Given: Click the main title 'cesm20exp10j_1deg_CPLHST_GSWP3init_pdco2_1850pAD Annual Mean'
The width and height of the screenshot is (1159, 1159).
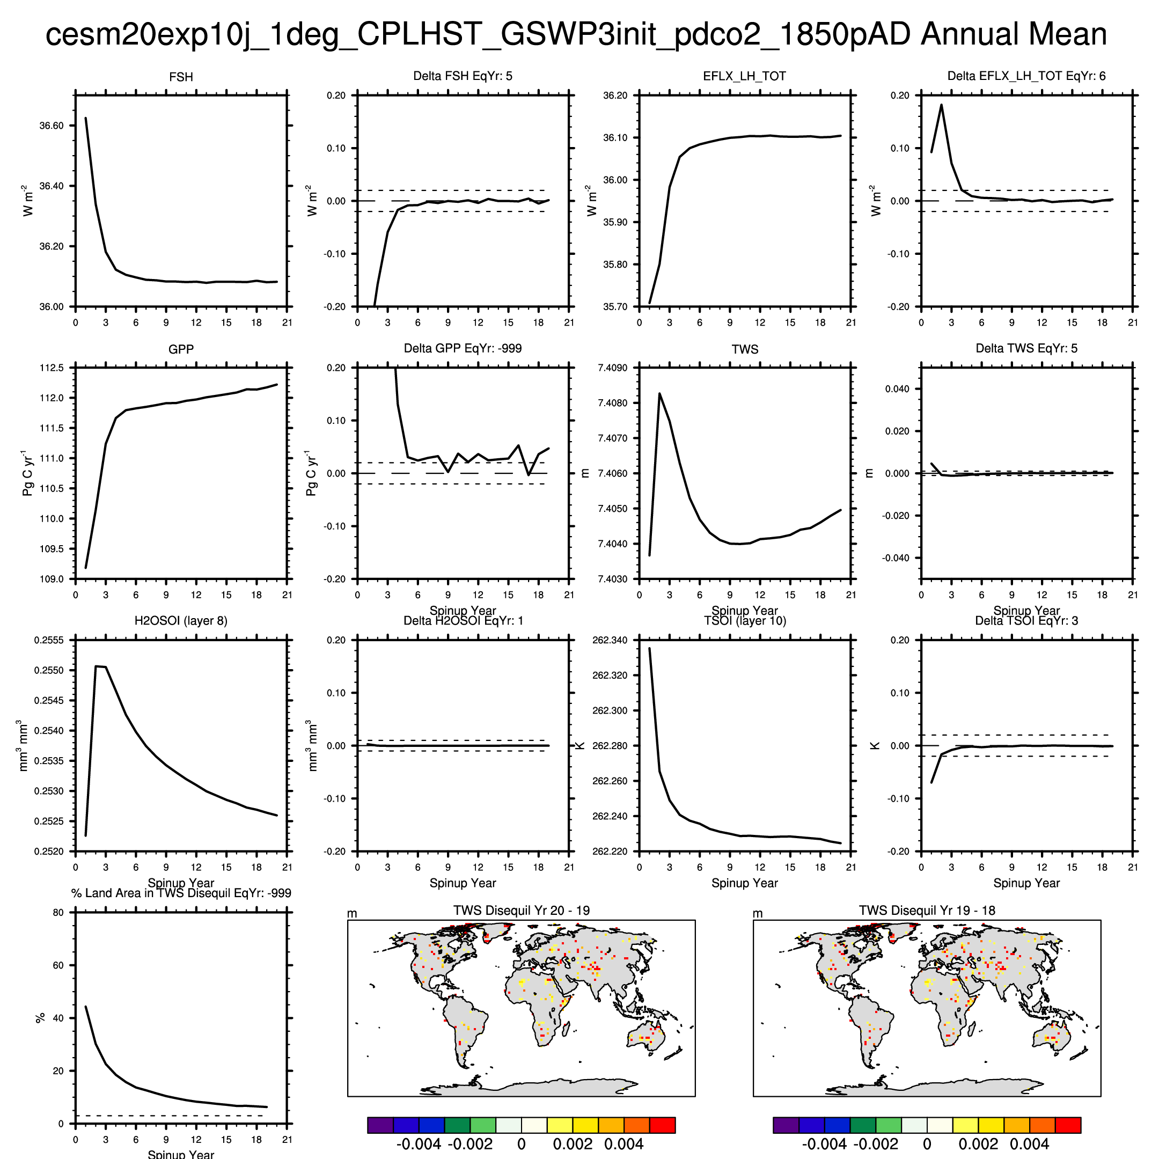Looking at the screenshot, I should (576, 34).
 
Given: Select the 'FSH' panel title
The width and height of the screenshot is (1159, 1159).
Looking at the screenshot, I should (181, 77).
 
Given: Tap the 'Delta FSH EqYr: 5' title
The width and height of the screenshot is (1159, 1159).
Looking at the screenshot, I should (463, 76).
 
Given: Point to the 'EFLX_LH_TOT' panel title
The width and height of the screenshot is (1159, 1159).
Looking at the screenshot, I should (744, 76).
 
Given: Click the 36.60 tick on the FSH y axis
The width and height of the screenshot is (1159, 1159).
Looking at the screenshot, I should (51, 126).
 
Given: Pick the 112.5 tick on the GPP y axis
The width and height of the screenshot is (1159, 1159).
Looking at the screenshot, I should (52, 368).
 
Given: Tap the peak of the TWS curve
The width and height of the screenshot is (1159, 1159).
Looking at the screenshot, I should (660, 393).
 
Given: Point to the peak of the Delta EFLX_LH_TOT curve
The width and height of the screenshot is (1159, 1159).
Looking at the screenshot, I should (941, 105).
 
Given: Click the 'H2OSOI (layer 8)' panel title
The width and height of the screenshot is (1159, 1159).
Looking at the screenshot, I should (181, 620).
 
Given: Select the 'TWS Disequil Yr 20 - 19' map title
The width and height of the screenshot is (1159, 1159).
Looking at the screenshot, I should (522, 910).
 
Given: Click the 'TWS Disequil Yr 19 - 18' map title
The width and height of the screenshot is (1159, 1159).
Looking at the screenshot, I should (927, 910).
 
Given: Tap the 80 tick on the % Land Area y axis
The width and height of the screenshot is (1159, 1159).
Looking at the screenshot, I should (58, 912).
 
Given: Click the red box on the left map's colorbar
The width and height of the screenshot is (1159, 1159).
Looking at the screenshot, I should (662, 1125).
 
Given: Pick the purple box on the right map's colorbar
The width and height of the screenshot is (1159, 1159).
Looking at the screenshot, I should (786, 1125).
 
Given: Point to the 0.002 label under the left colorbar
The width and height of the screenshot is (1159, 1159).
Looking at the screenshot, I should (573, 1144).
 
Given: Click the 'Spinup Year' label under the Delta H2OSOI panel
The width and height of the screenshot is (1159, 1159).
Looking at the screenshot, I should (463, 883).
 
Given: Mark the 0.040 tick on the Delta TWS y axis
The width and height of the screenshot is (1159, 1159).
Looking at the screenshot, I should (898, 388).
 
